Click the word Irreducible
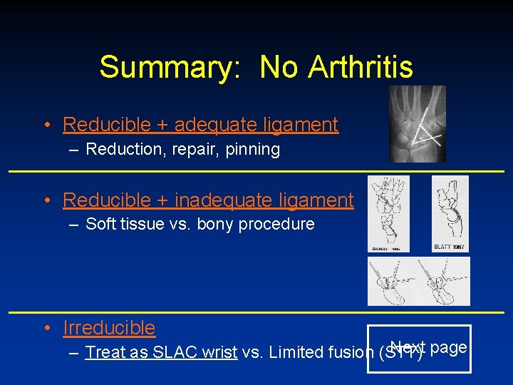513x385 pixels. click(109, 328)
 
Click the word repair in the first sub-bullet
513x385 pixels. click(193, 149)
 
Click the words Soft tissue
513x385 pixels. click(124, 224)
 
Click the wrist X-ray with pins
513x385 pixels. click(418, 124)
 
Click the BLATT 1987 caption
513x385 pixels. click(450, 247)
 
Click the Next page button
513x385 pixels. click(429, 349)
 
